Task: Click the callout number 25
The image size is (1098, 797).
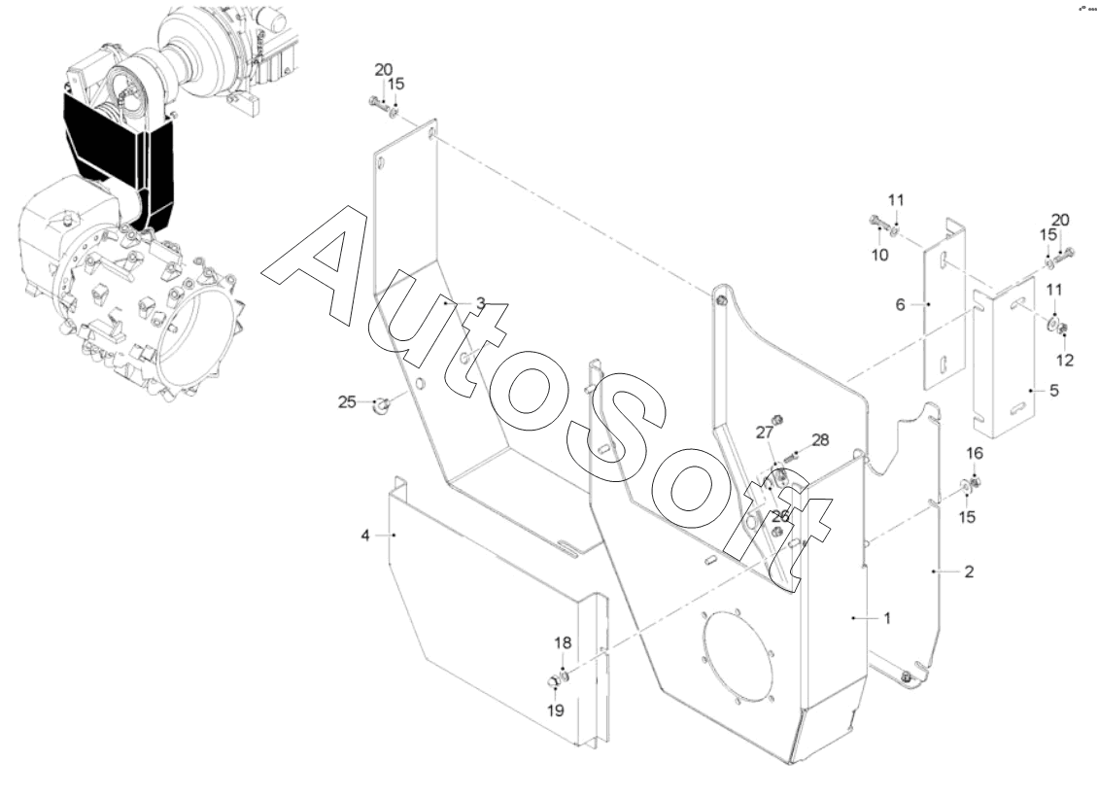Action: (x=348, y=401)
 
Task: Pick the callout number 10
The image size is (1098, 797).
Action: (x=878, y=255)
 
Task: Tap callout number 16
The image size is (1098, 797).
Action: (x=976, y=453)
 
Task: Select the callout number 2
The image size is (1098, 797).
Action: (x=968, y=572)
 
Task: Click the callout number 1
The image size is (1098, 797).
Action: (x=886, y=616)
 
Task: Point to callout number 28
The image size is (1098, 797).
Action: (x=820, y=439)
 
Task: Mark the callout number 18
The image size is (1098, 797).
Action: (x=564, y=643)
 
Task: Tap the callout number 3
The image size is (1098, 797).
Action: (x=479, y=303)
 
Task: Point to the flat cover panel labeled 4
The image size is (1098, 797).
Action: (x=486, y=612)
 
